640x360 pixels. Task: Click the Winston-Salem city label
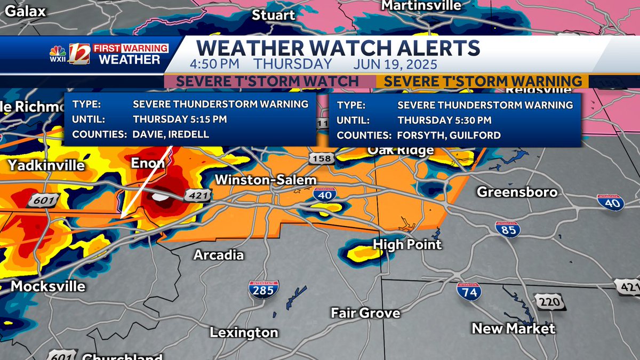tap(266, 180)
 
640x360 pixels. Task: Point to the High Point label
tap(407, 244)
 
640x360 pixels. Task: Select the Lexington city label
tap(244, 333)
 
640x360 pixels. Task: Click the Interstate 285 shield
tap(263, 289)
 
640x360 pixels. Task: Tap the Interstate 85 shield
tap(507, 229)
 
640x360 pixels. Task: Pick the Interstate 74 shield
tap(469, 291)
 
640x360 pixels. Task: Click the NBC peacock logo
tap(58, 53)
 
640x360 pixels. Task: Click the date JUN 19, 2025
tap(395, 65)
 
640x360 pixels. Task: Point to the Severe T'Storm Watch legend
tap(267, 82)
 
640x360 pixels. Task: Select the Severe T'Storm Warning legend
tap(483, 82)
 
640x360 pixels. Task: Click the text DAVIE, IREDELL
tap(171, 134)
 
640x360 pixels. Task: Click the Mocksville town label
tap(48, 286)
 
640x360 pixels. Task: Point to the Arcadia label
tap(219, 255)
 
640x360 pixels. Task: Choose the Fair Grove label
tap(365, 313)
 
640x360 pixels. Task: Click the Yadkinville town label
tap(46, 165)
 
